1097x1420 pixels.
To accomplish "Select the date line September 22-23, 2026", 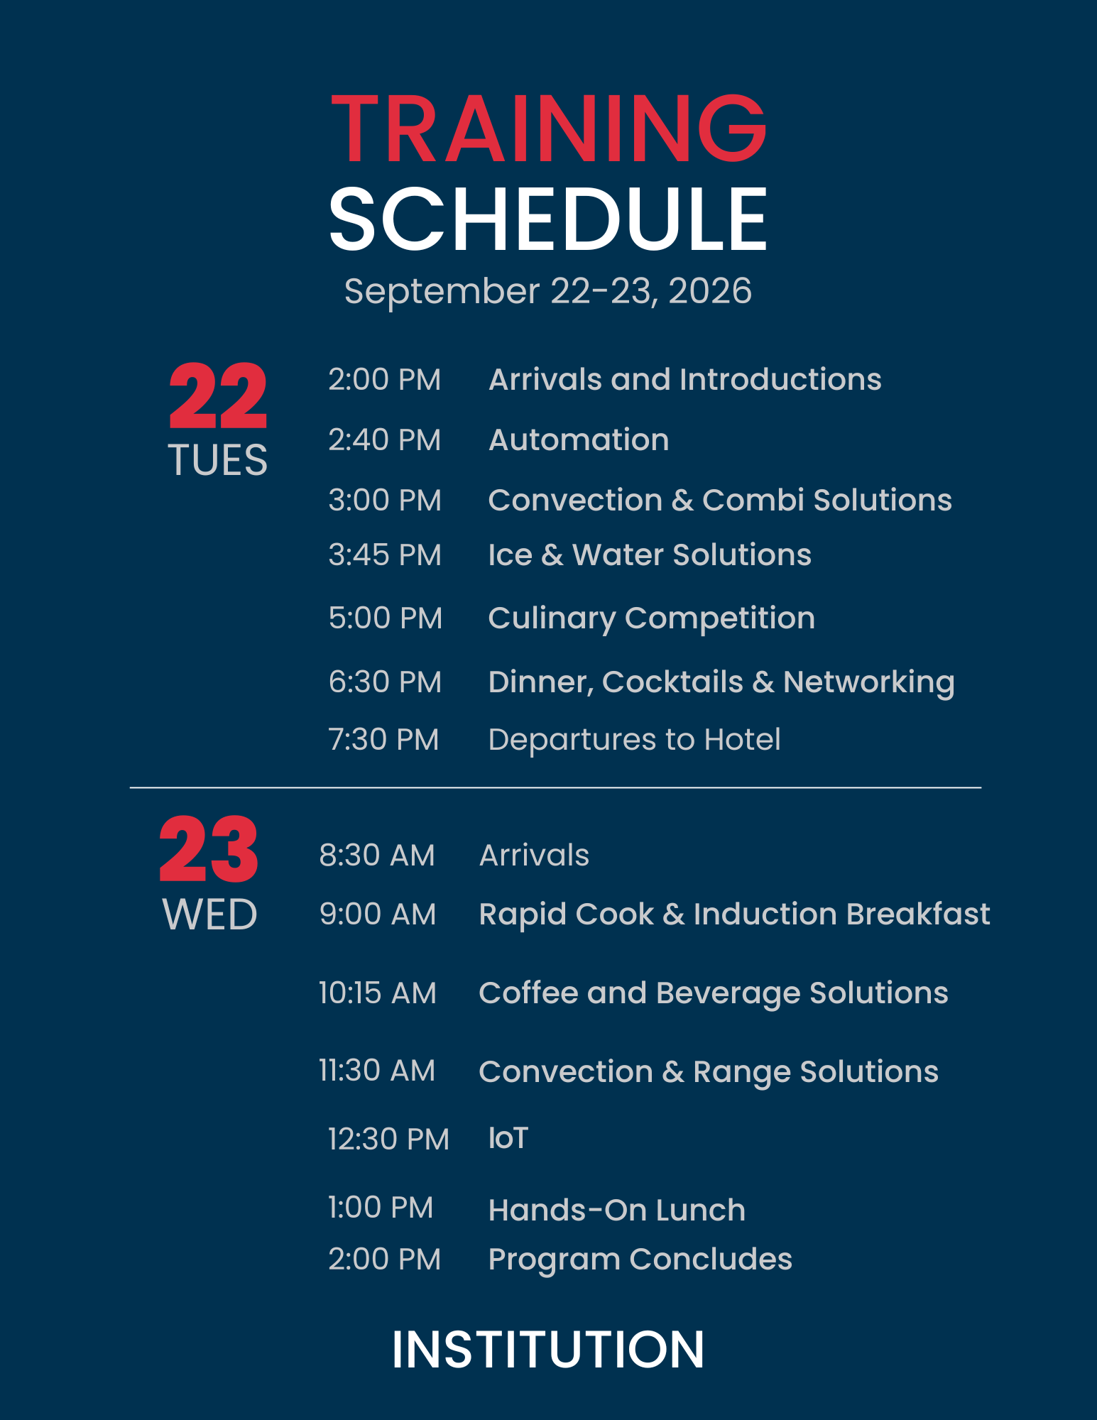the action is click(548, 291).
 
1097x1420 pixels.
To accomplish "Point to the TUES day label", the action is click(218, 460).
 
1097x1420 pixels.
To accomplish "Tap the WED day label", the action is click(209, 914).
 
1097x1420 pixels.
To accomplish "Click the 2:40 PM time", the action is click(385, 440).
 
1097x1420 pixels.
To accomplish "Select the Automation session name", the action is click(579, 440).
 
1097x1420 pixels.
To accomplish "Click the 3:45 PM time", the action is click(385, 555).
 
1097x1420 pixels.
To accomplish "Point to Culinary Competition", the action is click(652, 618).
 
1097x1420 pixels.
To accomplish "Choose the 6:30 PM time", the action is click(385, 682).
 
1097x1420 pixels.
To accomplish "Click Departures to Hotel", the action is click(635, 740).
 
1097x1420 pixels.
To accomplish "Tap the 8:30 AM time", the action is click(377, 856).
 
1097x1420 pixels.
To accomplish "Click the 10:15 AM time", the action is click(377, 993).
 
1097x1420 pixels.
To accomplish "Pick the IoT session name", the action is click(508, 1139).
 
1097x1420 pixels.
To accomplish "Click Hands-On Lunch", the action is click(617, 1211).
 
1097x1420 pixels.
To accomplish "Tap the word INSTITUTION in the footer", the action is click(548, 1349).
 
